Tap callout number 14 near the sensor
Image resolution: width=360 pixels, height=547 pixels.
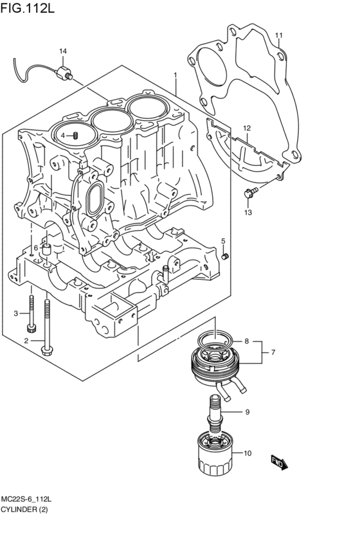pos(63,51)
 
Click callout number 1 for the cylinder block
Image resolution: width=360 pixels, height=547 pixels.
pos(174,75)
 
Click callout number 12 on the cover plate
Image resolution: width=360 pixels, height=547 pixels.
pos(246,129)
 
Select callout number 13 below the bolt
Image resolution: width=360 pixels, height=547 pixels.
pos(248,212)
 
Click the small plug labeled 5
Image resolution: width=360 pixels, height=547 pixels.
pos(225,256)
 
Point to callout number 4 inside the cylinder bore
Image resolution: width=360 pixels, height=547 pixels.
pos(64,135)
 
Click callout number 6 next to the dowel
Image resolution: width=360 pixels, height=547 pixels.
pos(37,247)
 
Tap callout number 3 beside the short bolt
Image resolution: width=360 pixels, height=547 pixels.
pos(17,313)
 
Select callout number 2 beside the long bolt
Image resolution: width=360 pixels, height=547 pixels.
pos(26,341)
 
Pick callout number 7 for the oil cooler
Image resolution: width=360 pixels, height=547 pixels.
pos(273,352)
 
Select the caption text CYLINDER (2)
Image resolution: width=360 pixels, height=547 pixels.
pos(24,510)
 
